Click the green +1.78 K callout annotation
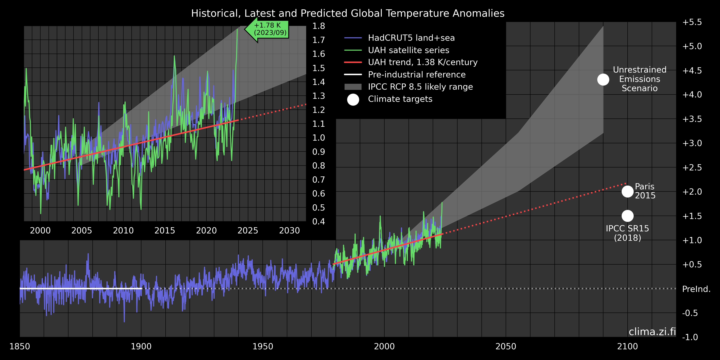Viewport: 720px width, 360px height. pyautogui.click(x=270, y=29)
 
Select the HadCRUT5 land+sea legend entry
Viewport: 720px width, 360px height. pyautogui.click(x=411, y=38)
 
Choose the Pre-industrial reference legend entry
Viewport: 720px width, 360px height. pyautogui.click(x=416, y=75)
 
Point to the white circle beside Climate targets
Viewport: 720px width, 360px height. pyautogui.click(x=353, y=100)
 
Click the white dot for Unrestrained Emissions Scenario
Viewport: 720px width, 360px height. pyautogui.click(x=603, y=80)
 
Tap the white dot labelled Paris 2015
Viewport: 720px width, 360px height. pyautogui.click(x=628, y=191)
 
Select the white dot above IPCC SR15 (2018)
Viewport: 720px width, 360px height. pyautogui.click(x=628, y=216)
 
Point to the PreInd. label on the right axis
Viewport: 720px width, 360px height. pyautogui.click(x=696, y=289)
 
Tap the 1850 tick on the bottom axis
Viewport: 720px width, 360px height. pyautogui.click(x=19, y=346)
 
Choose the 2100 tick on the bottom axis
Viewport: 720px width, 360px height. pyautogui.click(x=628, y=346)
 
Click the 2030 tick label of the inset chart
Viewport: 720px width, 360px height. pyautogui.click(x=289, y=231)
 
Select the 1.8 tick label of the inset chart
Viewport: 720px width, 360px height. pyautogui.click(x=319, y=26)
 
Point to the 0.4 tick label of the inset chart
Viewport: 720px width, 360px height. pyautogui.click(x=319, y=222)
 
